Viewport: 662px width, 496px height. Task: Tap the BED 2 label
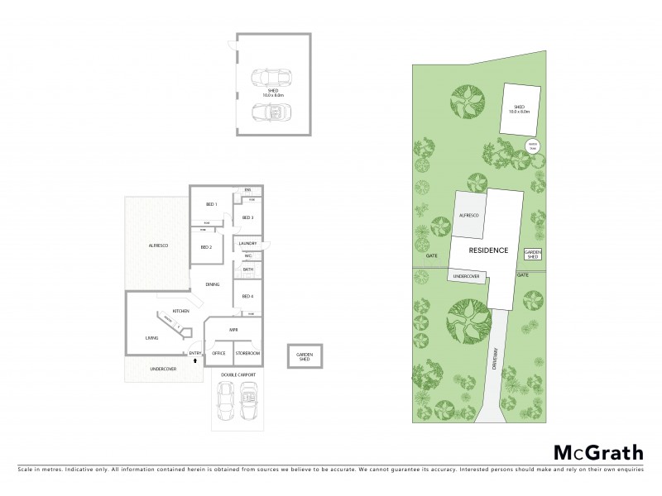(207, 247)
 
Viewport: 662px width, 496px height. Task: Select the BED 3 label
(247, 217)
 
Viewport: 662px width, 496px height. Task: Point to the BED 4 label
(247, 296)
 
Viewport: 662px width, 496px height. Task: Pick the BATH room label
(247, 270)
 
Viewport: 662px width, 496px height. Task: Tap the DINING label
(213, 285)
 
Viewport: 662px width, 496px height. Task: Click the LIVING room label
(151, 337)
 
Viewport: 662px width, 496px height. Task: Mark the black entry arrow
(195, 361)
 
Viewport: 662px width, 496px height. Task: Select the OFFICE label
(218, 354)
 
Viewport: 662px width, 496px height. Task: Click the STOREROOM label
(247, 354)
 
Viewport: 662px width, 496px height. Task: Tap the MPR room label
(234, 330)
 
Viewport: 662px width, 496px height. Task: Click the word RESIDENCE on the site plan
(488, 250)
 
